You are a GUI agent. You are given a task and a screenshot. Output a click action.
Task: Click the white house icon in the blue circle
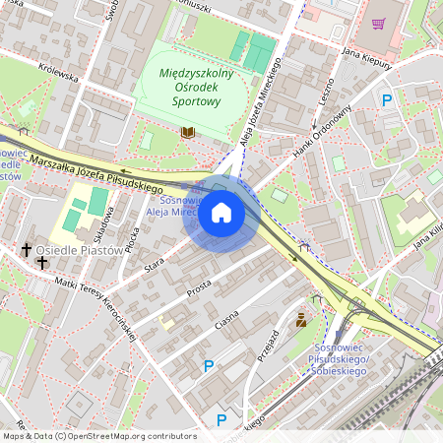[221, 213]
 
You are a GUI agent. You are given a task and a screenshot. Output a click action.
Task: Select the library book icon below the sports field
[188, 131]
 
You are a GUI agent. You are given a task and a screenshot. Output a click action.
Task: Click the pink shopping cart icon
[378, 23]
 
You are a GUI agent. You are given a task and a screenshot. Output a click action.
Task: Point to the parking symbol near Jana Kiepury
[387, 99]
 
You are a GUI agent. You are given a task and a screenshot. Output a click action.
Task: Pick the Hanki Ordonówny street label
[322, 128]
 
